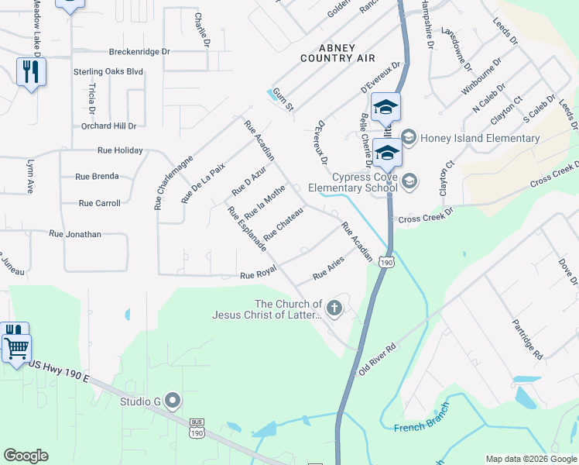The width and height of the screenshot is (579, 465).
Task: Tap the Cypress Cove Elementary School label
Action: point(352,182)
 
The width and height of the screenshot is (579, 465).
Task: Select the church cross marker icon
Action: point(334,309)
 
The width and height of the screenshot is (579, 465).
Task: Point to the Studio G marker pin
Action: point(173,401)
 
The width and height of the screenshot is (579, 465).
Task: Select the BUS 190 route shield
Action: point(197,428)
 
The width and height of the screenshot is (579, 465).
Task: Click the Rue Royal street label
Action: point(258,275)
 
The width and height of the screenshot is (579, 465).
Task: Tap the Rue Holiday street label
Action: point(120,150)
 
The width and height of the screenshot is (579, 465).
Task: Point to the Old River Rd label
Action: point(377,358)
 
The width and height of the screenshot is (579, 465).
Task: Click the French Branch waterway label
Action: point(420,428)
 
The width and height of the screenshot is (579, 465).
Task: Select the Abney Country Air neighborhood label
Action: point(337,53)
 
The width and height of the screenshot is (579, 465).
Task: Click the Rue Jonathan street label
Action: point(75,233)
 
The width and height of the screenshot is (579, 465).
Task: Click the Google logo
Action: point(26,456)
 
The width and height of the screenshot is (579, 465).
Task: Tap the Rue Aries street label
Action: point(328,270)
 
